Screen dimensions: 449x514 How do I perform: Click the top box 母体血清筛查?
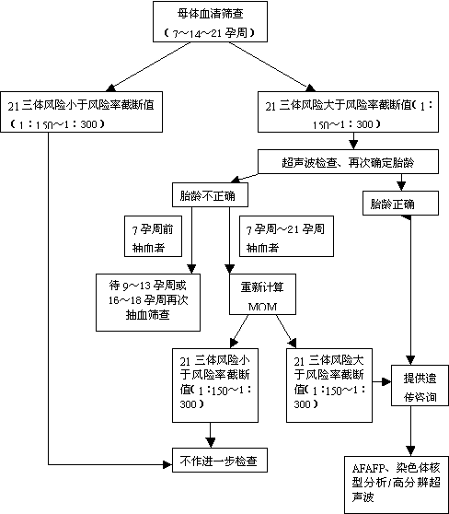click(x=211, y=21)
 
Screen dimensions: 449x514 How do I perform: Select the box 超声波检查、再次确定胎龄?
click(x=348, y=161)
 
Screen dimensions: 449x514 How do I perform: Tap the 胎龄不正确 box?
click(x=210, y=194)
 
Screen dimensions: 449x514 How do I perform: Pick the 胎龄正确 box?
click(x=400, y=204)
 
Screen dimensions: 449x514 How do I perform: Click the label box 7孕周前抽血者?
click(x=153, y=236)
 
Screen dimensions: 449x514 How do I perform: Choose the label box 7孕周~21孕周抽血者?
click(x=286, y=236)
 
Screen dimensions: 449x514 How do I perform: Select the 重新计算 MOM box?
click(x=262, y=295)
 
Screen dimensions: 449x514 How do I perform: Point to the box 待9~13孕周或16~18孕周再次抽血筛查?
click(x=148, y=302)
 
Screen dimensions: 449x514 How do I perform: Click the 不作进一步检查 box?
click(x=220, y=461)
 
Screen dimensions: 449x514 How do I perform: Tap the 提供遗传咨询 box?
click(x=420, y=385)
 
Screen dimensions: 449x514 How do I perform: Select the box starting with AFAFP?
click(x=397, y=485)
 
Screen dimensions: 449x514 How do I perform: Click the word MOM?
click(x=262, y=307)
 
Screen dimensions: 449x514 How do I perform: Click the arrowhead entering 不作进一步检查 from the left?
click(x=167, y=464)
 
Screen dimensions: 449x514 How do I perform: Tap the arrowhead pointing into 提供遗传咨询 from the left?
click(x=386, y=381)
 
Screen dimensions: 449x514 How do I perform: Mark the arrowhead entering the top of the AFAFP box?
click(x=410, y=450)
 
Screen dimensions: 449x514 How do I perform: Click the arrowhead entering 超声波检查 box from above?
click(x=353, y=145)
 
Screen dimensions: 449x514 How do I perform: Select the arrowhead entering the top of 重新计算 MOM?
click(x=230, y=269)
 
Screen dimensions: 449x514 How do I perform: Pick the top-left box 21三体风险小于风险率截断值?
click(x=81, y=111)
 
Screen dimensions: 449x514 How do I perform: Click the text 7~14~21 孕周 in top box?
click(x=210, y=33)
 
